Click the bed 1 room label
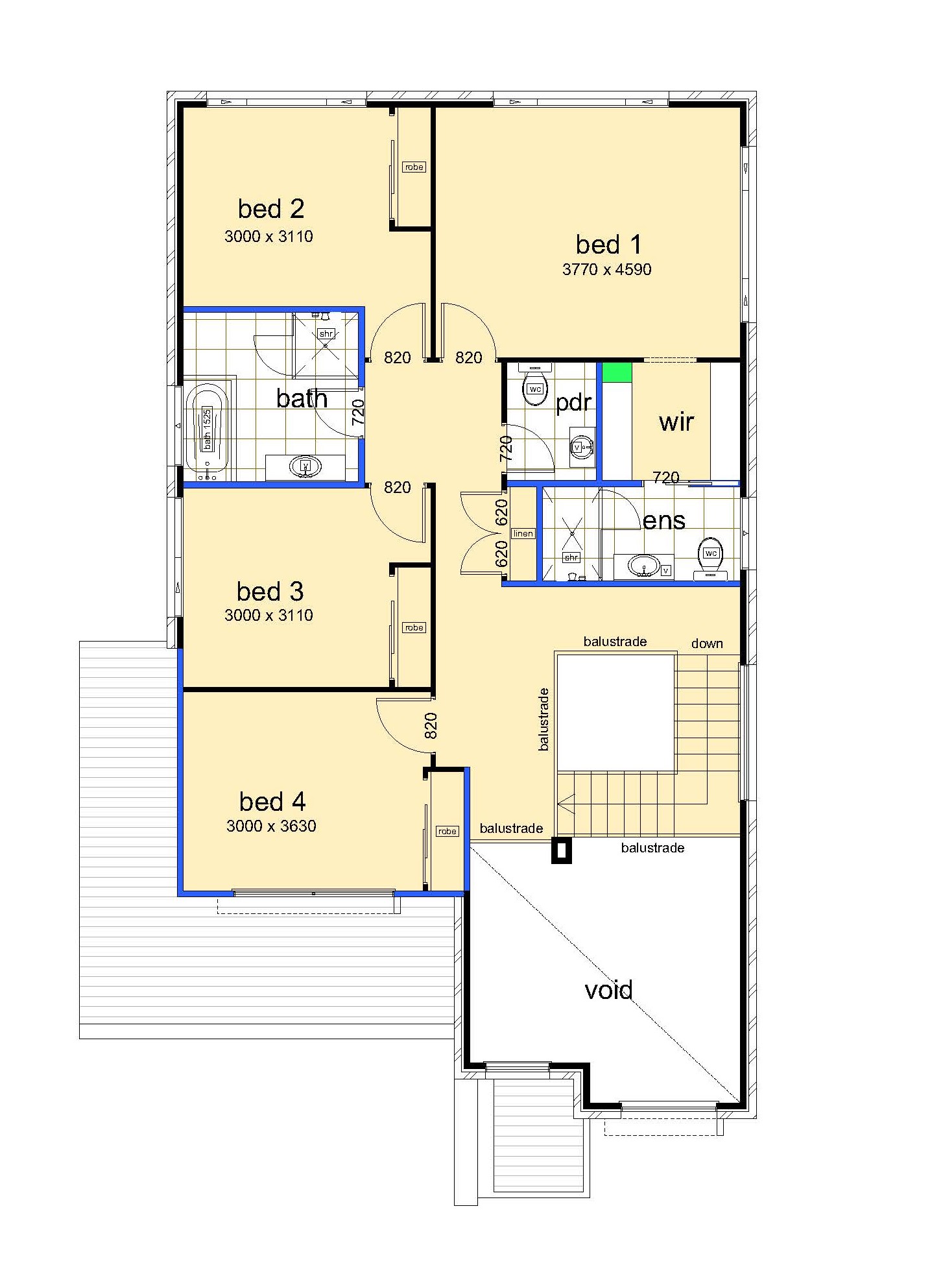point(608,245)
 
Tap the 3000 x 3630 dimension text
point(271,826)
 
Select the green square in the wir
point(617,372)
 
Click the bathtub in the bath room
point(208,429)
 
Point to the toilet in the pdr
point(535,384)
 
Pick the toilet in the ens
point(710,558)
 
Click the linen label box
point(523,534)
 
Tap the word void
point(608,990)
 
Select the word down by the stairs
point(707,643)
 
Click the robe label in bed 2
point(414,167)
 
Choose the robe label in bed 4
point(448,831)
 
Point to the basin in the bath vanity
point(306,466)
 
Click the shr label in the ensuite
point(571,557)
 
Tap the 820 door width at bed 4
point(431,726)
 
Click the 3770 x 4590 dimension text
point(606,269)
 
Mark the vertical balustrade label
point(543,719)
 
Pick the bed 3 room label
point(270,591)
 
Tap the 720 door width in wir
point(666,477)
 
